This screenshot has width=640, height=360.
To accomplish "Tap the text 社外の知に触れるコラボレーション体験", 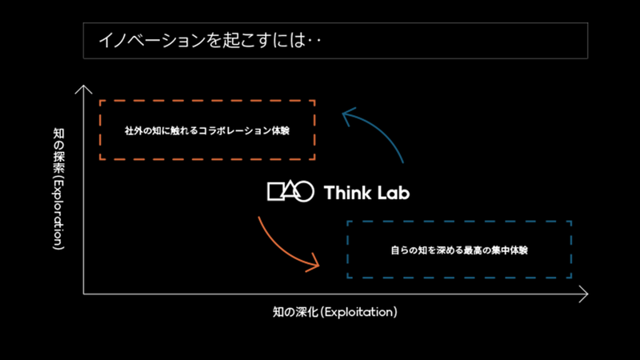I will point(206,130).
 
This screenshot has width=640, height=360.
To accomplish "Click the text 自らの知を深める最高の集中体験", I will point(458,250).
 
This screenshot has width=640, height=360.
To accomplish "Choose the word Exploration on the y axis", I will point(58,209).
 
